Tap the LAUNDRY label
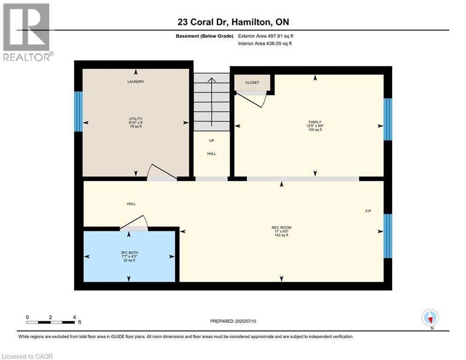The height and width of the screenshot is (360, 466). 136,82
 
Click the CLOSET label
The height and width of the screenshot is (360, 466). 252,82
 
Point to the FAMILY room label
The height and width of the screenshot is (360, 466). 314,122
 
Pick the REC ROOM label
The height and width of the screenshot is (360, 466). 281,228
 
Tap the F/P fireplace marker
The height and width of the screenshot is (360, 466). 368,211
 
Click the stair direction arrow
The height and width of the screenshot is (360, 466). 212,101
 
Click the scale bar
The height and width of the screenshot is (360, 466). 51,322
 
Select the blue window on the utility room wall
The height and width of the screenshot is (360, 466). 78,111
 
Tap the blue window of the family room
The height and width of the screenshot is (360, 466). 387,119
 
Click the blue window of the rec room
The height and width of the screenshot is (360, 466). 387,236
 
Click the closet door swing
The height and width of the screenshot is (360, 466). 253,99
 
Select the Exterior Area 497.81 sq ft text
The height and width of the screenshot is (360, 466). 266,36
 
